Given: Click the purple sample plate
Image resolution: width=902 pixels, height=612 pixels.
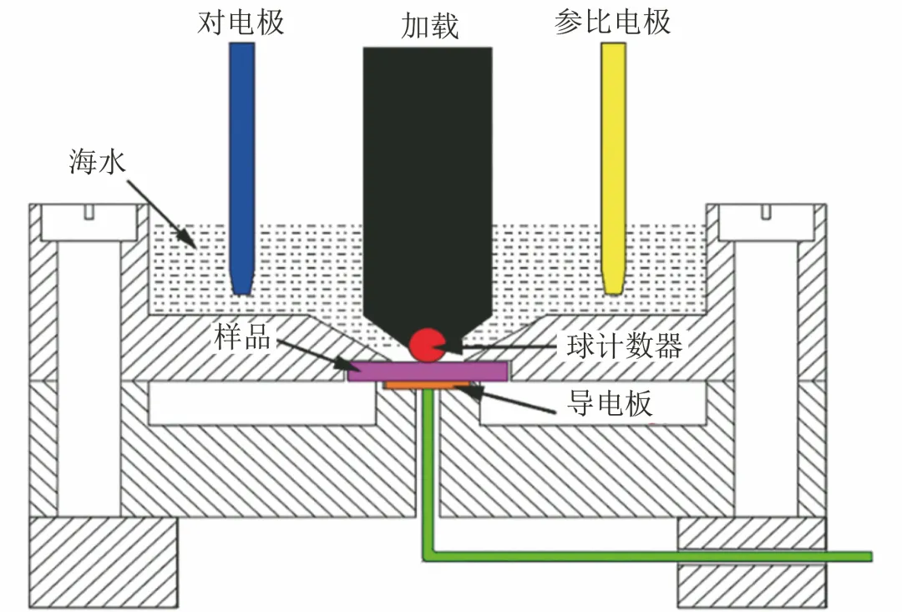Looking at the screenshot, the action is pyautogui.click(x=428, y=371).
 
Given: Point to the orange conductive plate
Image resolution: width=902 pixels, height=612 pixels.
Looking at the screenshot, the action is pyautogui.click(x=428, y=385).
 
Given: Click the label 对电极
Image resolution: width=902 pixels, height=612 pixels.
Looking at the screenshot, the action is pyautogui.click(x=241, y=23).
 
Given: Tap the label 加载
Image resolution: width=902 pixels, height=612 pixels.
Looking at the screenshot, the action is pyautogui.click(x=429, y=26).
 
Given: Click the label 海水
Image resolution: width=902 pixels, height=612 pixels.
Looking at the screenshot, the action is pyautogui.click(x=97, y=161).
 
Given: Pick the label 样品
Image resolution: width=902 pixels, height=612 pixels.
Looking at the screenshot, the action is pyautogui.click(x=242, y=336).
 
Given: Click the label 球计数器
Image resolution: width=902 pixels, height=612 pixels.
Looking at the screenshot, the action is pyautogui.click(x=625, y=345).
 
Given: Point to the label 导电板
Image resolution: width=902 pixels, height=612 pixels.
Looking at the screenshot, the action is pyautogui.click(x=610, y=402).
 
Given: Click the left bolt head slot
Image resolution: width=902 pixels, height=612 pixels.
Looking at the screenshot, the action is pyautogui.click(x=89, y=212).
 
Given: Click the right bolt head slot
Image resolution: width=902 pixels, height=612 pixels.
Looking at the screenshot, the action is pyautogui.click(x=766, y=212).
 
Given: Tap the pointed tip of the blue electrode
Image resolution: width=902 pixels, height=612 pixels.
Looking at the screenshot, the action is pyautogui.click(x=241, y=294).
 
